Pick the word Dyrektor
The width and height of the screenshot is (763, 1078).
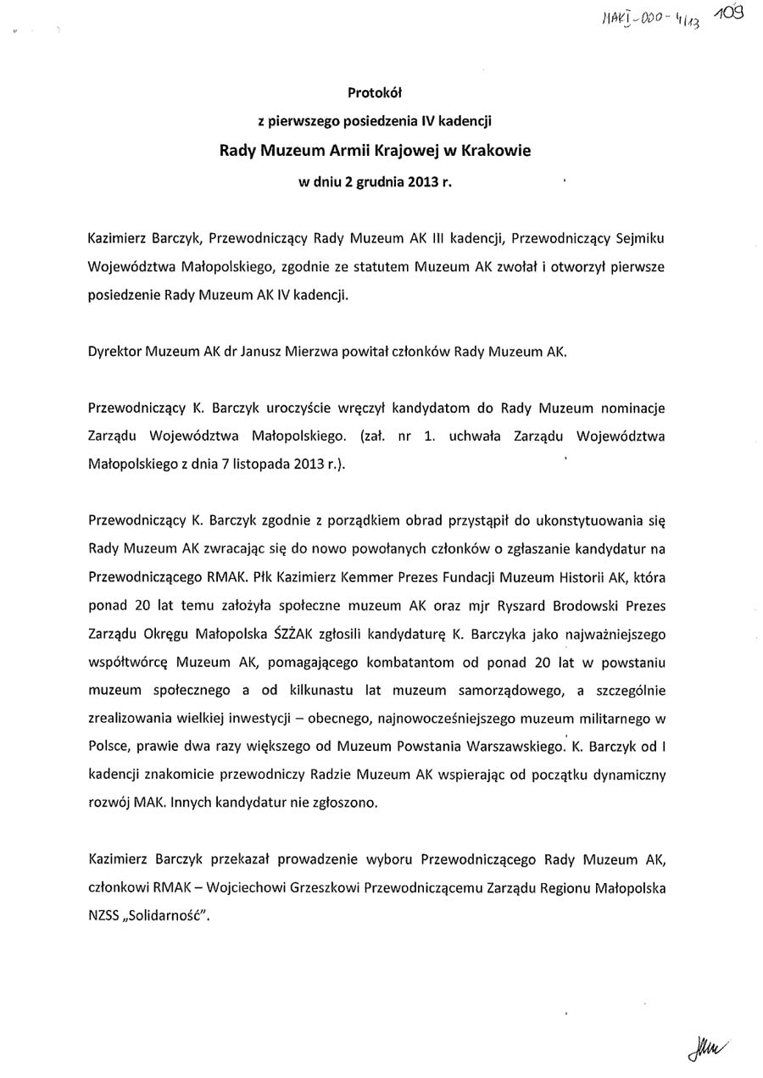coord(114,351)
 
